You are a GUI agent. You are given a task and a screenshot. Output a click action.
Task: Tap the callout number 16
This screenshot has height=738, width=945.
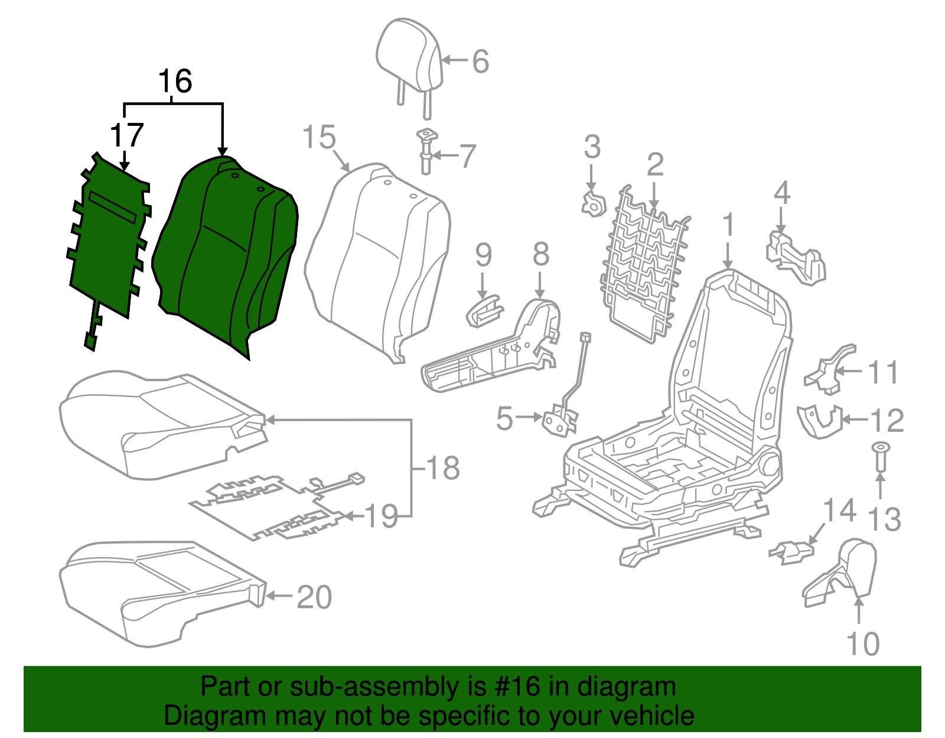coord(175,82)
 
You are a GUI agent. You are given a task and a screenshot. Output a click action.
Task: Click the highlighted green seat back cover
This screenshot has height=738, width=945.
coord(227,254)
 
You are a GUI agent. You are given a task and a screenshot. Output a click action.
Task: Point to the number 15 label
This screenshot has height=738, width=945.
coord(319,138)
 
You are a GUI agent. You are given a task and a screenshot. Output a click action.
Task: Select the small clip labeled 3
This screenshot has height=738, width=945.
coord(593,204)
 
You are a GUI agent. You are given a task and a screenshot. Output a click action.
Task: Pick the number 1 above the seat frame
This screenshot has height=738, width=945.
coord(729,225)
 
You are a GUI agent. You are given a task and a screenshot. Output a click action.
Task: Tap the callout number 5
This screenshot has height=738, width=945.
coord(504,418)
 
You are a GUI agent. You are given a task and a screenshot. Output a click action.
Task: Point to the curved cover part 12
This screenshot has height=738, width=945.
coord(820,421)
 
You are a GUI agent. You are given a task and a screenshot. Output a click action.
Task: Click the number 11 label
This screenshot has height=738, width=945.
coord(883,373)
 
